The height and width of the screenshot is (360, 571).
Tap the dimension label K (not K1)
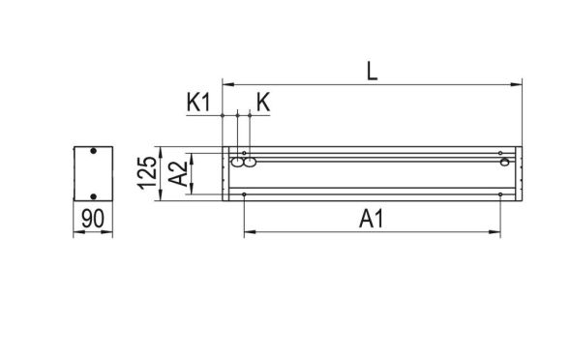pyautogui.click(x=263, y=101)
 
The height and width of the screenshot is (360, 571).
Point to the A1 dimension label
pyautogui.click(x=371, y=220)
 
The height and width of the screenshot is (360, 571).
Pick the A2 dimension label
pyautogui.click(x=178, y=174)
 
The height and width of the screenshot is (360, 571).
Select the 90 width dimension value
pyautogui.click(x=93, y=220)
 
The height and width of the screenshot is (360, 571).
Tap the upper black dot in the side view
pyautogui.click(x=93, y=153)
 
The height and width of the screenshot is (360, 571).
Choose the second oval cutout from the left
pyautogui.click(x=250, y=165)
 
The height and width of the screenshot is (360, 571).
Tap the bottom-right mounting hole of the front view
pyautogui.click(x=500, y=195)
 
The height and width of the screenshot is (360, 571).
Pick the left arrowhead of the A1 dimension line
pyautogui.click(x=249, y=232)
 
